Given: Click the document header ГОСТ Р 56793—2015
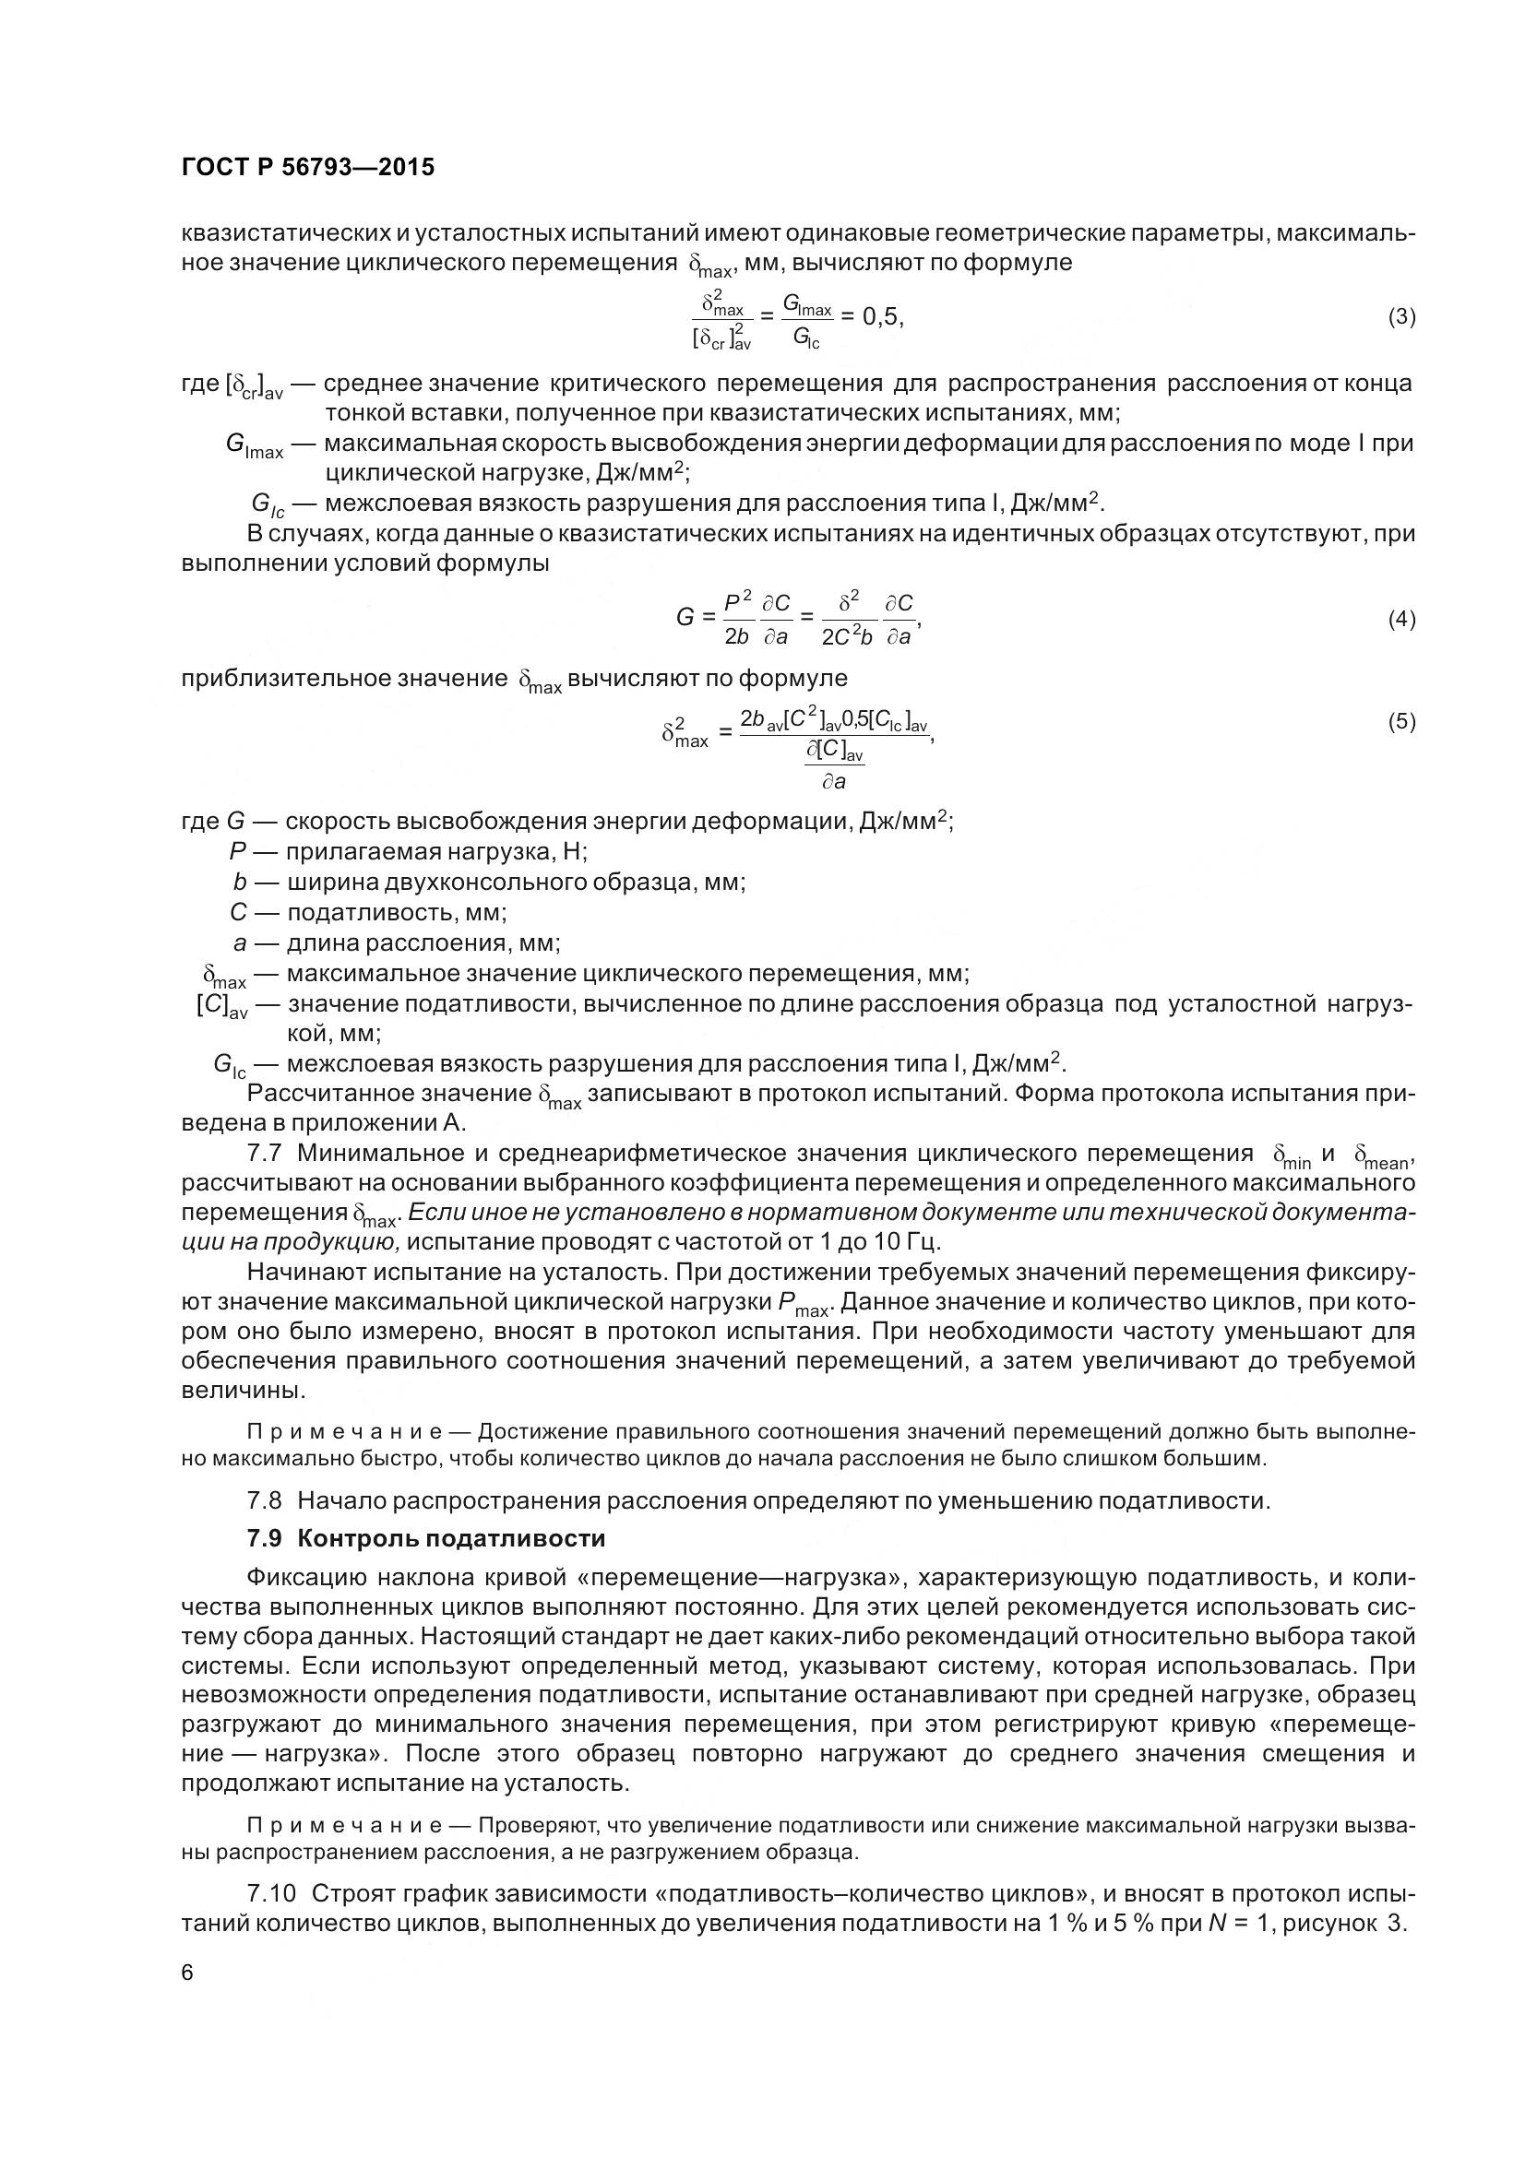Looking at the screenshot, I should (307, 168).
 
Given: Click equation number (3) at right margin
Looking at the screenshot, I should (1401, 316).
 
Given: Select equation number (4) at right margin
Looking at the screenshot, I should (1401, 619).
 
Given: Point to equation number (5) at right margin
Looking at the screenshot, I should (1401, 721).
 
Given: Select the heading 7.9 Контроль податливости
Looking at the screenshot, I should (425, 1539).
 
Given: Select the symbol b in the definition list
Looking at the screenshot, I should (240, 883).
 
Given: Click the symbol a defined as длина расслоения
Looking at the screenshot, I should (240, 942).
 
